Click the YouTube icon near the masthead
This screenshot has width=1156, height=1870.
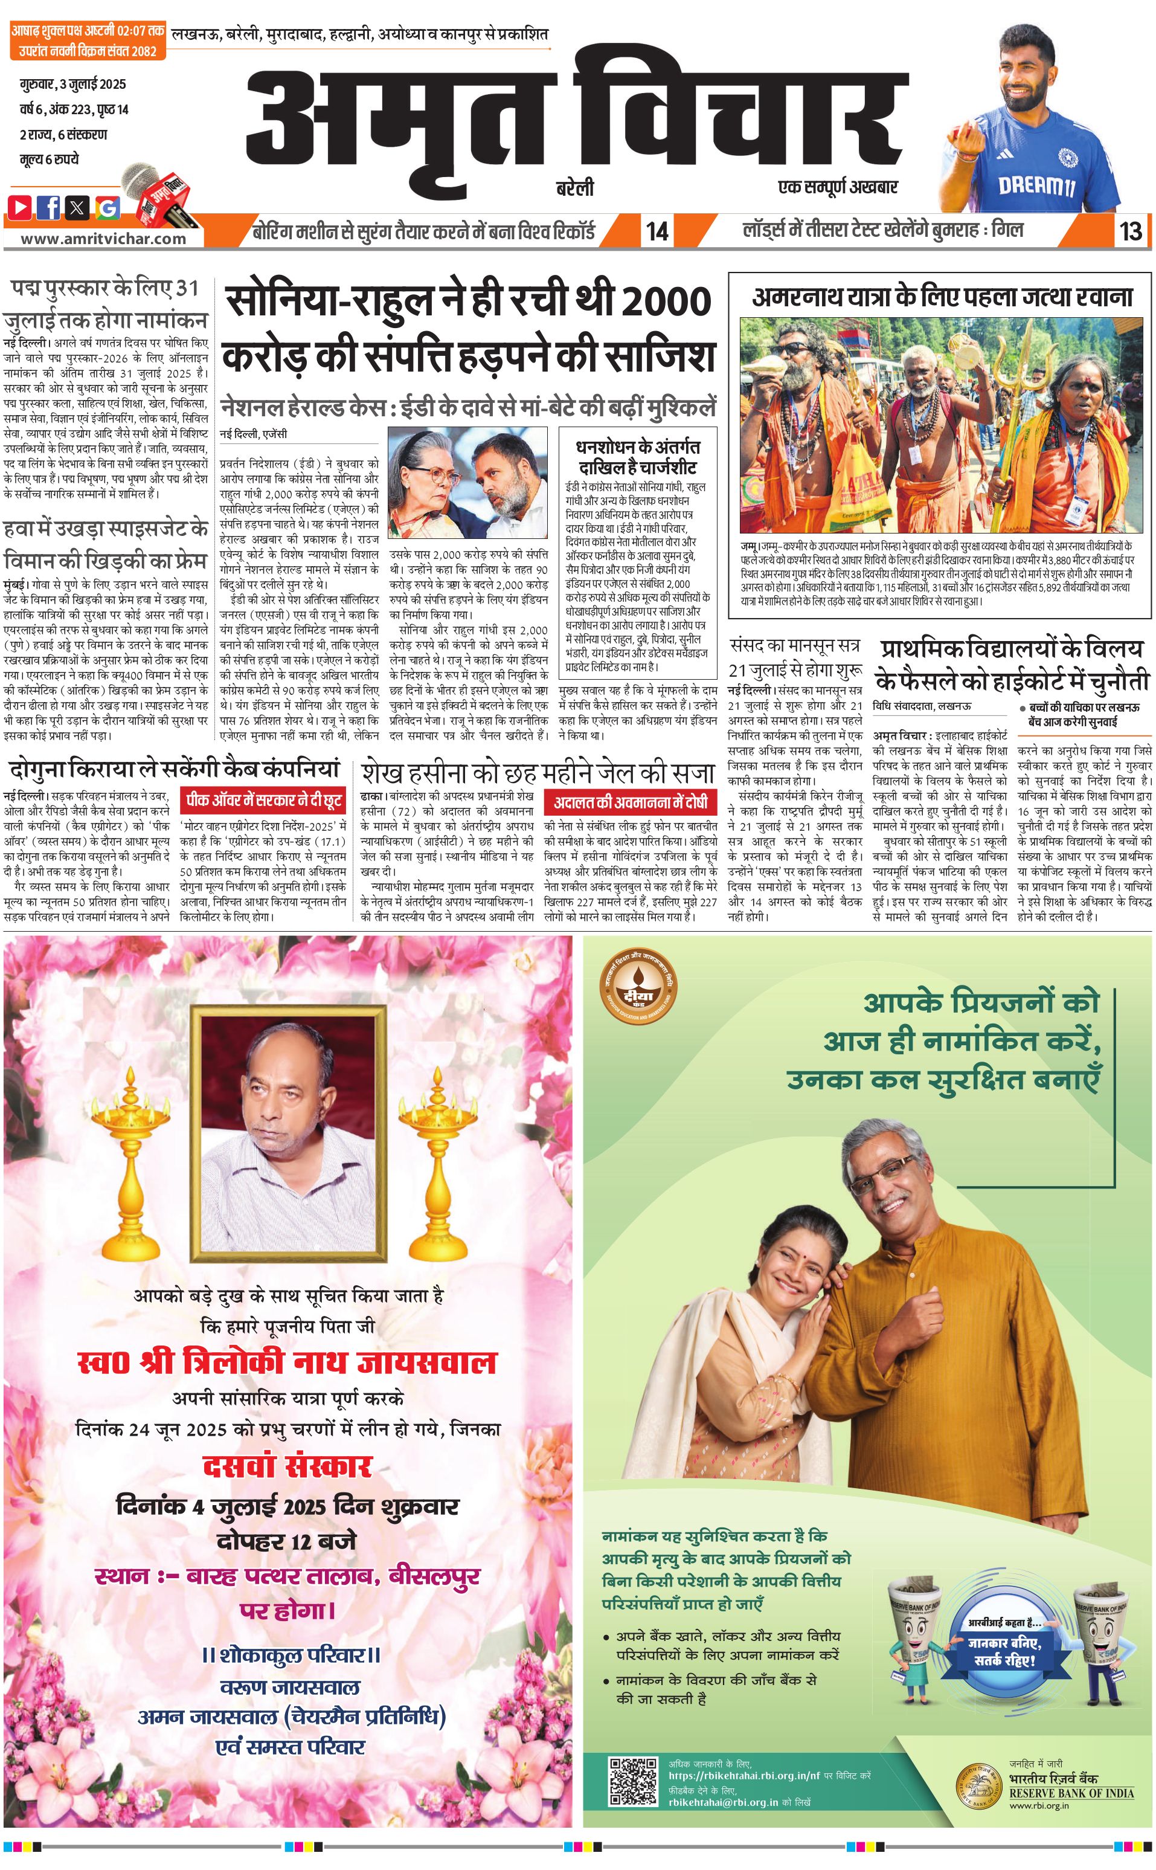coord(20,207)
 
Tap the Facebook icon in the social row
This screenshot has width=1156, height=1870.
coord(49,207)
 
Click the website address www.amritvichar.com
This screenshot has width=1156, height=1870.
coord(103,238)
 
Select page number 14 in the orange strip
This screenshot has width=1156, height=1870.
coord(657,231)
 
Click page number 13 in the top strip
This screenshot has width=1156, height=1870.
coord(1130,231)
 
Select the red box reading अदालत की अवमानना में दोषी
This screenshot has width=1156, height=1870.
coord(631,802)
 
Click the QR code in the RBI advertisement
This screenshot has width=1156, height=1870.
coord(632,1781)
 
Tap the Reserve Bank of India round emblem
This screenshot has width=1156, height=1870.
coord(980,1786)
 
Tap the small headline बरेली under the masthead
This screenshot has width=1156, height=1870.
coord(574,188)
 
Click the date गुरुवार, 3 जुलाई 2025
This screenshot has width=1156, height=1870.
coord(72,84)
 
